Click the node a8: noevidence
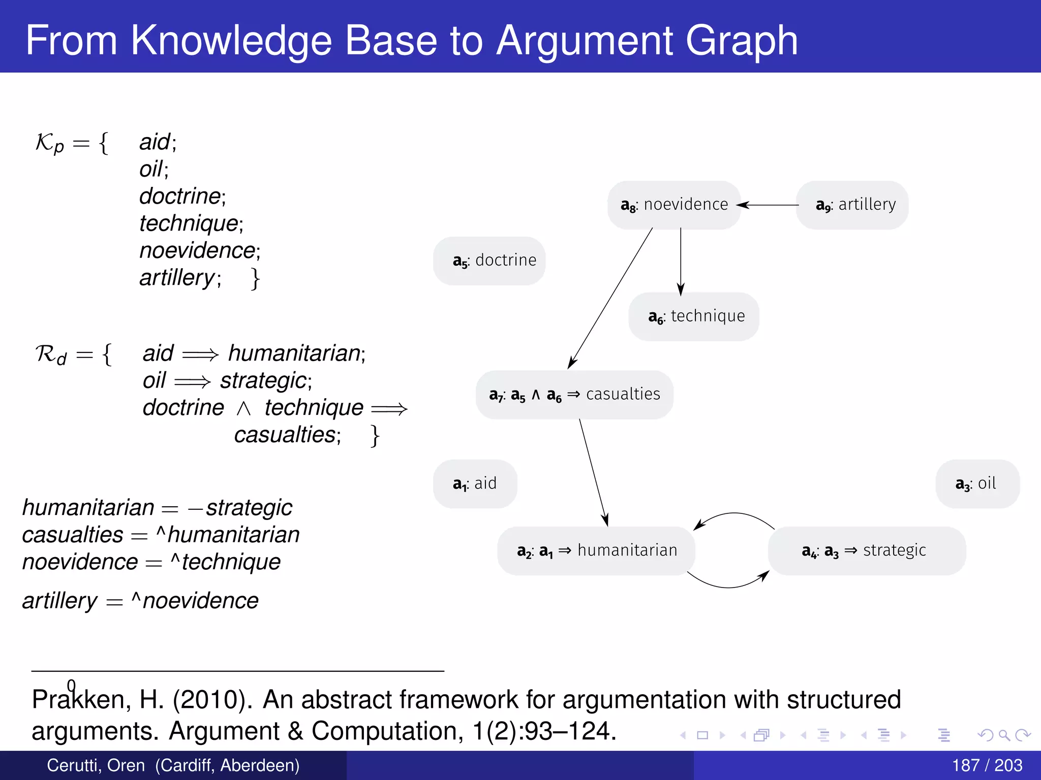tap(674, 205)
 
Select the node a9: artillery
tap(852, 205)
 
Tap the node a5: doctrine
tap(489, 261)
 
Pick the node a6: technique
tap(694, 317)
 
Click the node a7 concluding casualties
tap(574, 395)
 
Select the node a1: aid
tap(475, 484)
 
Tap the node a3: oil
tap(977, 484)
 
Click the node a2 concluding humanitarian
tap(596, 551)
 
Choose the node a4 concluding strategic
tap(866, 551)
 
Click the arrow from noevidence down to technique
tap(681, 262)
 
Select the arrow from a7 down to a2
tap(594, 472)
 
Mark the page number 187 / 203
tap(987, 765)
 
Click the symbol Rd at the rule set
tap(51, 354)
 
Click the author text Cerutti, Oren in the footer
tap(96, 765)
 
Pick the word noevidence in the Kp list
tap(197, 251)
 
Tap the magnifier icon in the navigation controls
tap(1004, 735)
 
